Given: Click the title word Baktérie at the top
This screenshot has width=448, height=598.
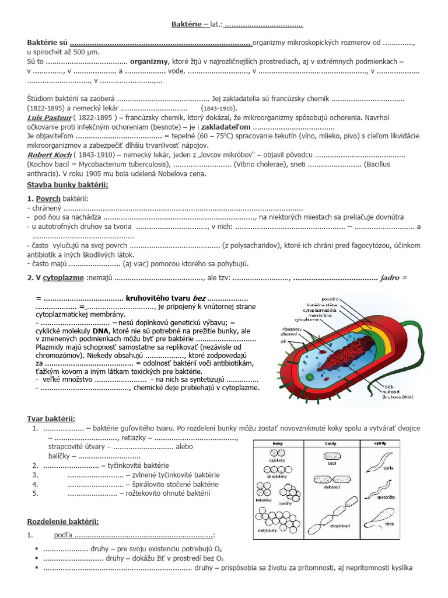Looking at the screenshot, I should [x=185, y=25].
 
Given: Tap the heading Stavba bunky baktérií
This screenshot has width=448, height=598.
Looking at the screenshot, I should [x=68, y=185].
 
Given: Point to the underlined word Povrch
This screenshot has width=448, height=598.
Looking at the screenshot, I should [x=48, y=199].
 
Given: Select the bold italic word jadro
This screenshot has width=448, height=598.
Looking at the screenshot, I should [x=390, y=278].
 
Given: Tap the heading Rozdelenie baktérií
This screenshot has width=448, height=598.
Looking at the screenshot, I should [x=63, y=521].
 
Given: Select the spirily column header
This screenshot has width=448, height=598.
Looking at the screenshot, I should [x=379, y=444].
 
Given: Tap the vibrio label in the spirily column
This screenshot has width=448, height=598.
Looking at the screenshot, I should [x=389, y=523].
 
